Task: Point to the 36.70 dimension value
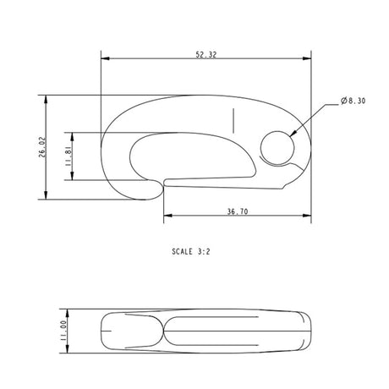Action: point(238,211)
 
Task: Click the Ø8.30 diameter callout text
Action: point(353,101)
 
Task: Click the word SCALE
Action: point(183,251)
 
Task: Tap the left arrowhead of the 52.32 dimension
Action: point(104,59)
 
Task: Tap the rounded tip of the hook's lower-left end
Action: point(156,193)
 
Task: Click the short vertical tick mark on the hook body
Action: point(232,121)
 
